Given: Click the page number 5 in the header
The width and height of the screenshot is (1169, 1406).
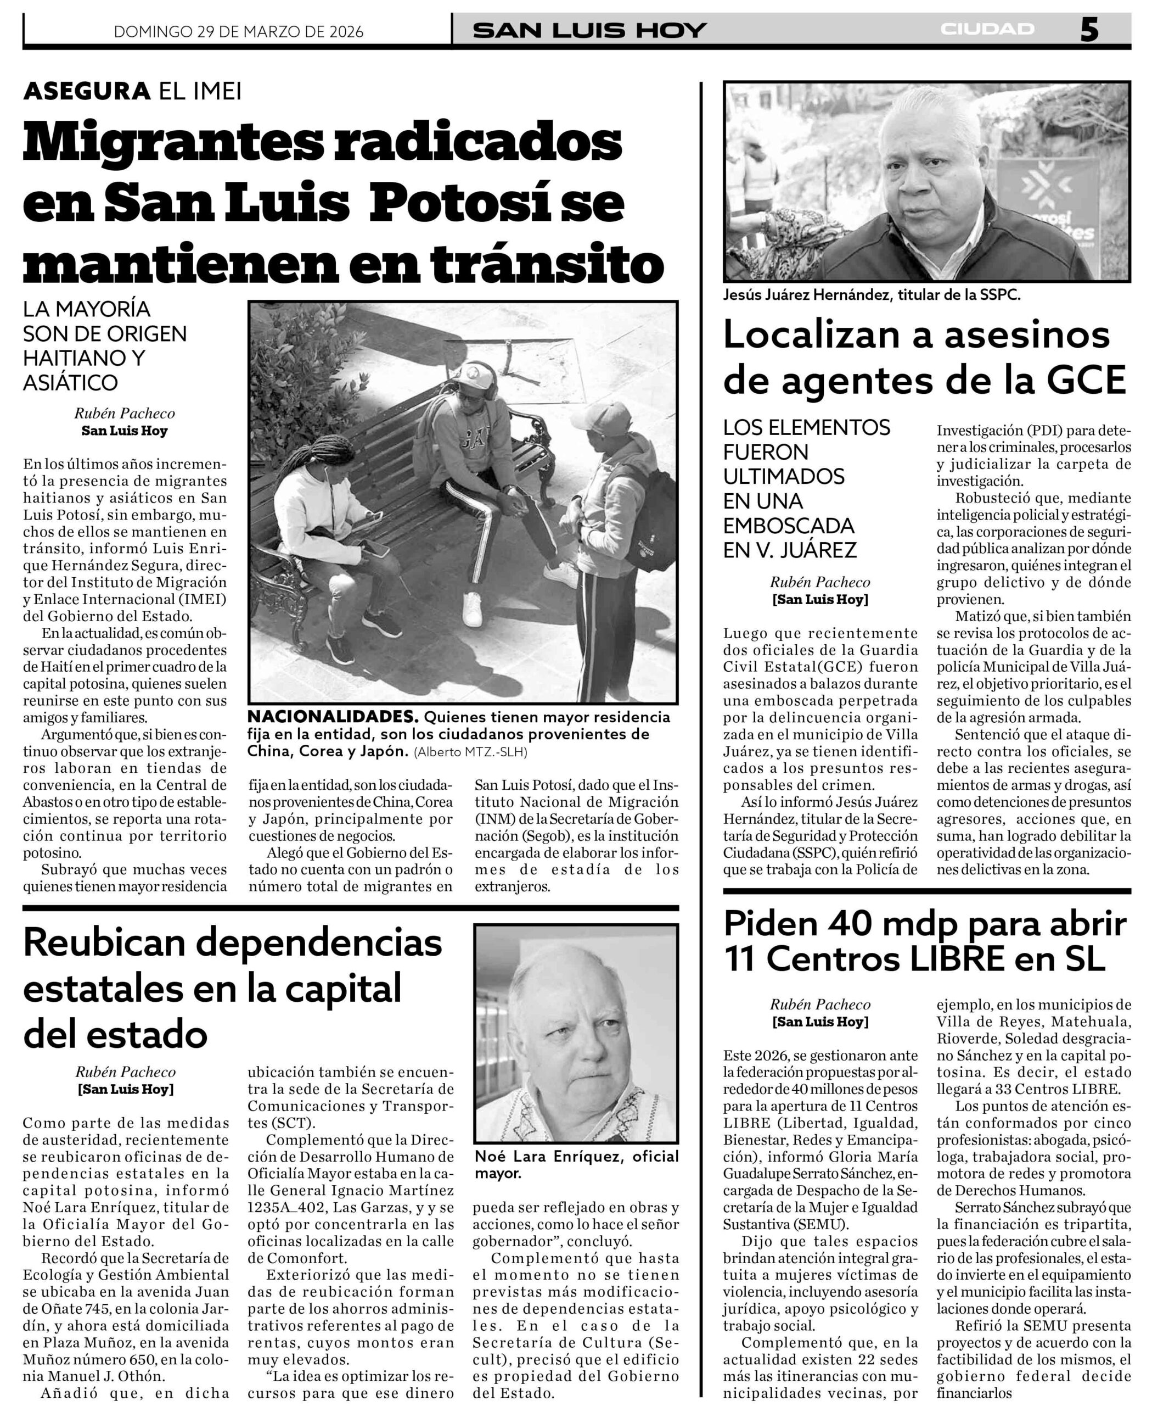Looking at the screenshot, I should (x=1089, y=30).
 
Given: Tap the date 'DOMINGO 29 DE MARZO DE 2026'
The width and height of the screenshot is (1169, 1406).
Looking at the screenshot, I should (x=238, y=31).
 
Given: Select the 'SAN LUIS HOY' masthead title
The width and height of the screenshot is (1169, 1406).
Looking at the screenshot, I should (x=589, y=30).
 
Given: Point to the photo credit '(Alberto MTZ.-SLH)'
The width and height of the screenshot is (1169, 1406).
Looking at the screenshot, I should (x=470, y=752).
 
